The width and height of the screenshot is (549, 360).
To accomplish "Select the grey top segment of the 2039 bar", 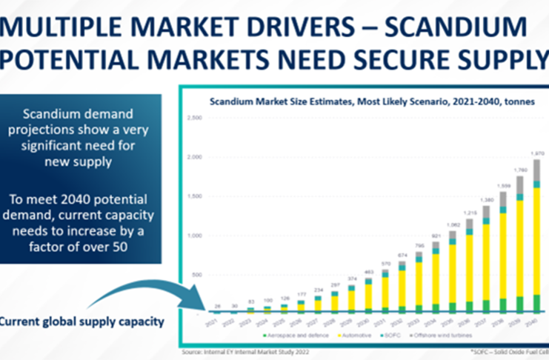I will pos(519,184).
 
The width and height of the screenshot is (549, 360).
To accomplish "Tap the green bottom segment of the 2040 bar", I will pos(536,303).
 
